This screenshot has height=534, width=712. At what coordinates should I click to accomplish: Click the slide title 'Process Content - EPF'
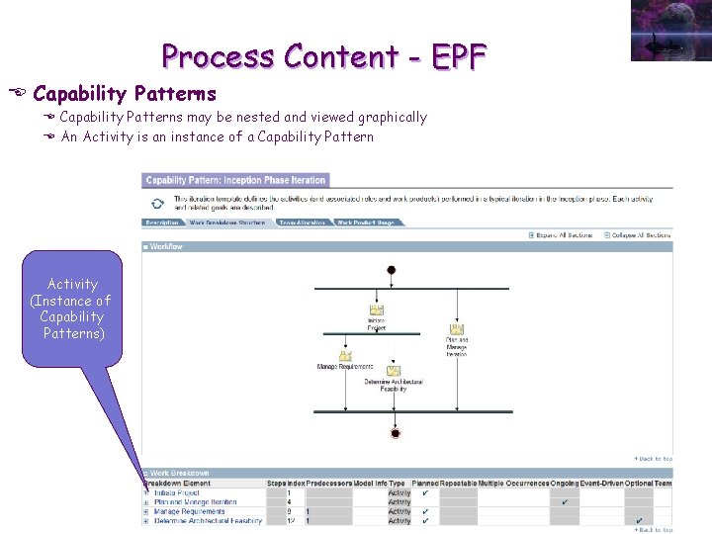[324, 56]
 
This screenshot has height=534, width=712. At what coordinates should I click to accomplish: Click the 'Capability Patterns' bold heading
[124, 94]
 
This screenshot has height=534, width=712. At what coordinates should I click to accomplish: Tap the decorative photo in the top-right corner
[669, 31]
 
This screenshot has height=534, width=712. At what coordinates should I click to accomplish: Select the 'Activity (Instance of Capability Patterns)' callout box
[72, 309]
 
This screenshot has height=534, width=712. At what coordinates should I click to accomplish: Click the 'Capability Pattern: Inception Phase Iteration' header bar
[235, 180]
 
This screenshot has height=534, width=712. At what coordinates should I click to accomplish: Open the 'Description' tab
[162, 223]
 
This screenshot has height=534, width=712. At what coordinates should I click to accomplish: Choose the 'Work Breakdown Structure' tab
[227, 223]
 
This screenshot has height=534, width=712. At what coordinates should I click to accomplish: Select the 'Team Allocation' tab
[303, 223]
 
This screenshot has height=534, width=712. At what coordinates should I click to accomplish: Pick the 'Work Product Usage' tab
[365, 223]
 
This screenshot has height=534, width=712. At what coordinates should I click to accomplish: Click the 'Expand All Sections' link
[563, 235]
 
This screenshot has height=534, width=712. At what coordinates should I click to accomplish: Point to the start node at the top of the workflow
[392, 270]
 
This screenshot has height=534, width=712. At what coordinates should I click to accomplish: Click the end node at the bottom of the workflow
[395, 433]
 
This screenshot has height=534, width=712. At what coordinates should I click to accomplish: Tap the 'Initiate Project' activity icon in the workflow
[376, 311]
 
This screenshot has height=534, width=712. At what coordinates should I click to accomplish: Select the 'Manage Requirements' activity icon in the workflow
[345, 356]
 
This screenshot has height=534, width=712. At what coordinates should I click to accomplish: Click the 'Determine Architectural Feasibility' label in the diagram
[394, 386]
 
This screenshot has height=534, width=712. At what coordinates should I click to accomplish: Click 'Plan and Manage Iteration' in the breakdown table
[196, 502]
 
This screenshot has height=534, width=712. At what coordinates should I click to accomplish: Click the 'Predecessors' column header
[328, 484]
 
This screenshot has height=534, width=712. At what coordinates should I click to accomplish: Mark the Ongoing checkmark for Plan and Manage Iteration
[565, 502]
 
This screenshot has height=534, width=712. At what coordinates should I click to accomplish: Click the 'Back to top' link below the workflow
[653, 459]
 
